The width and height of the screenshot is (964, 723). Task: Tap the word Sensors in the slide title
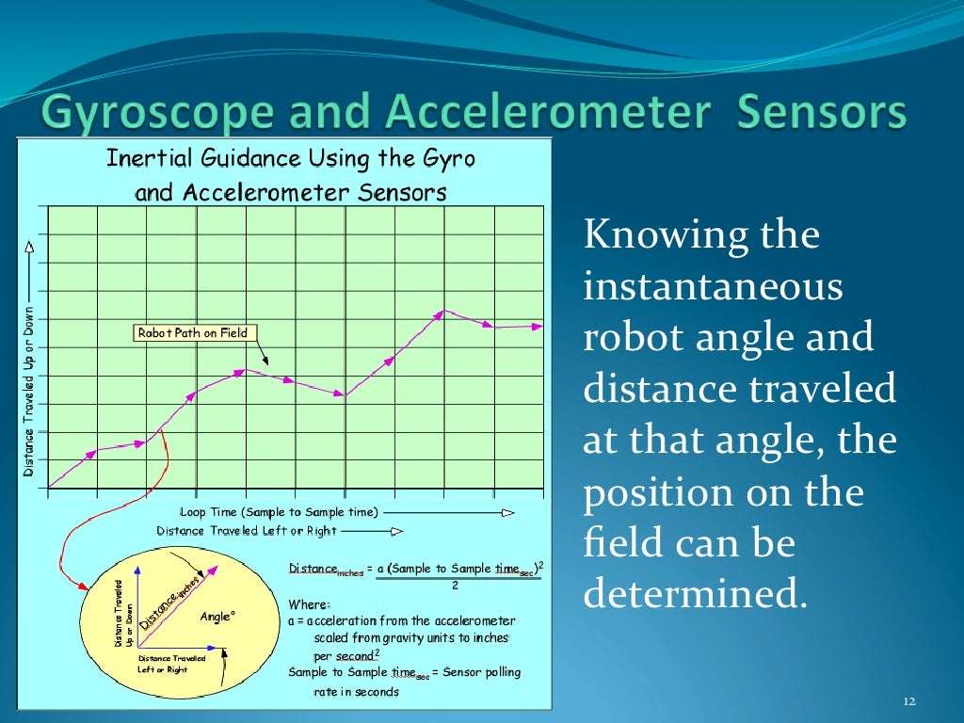click(x=822, y=114)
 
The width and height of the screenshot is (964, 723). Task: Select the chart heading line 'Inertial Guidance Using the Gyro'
click(x=290, y=157)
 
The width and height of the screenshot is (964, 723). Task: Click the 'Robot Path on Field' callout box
click(x=192, y=332)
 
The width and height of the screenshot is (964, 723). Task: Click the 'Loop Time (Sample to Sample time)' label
click(x=279, y=512)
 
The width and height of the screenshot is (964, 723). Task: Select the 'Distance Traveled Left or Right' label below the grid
click(x=247, y=531)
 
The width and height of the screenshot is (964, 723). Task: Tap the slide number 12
click(x=908, y=702)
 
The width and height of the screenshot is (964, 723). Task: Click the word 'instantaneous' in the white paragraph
click(x=713, y=286)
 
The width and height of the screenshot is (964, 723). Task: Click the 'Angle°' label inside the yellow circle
click(x=217, y=617)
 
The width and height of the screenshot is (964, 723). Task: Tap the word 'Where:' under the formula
click(x=309, y=603)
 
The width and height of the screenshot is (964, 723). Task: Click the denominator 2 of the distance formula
click(x=455, y=585)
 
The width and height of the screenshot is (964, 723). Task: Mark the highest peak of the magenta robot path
click(x=444, y=311)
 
